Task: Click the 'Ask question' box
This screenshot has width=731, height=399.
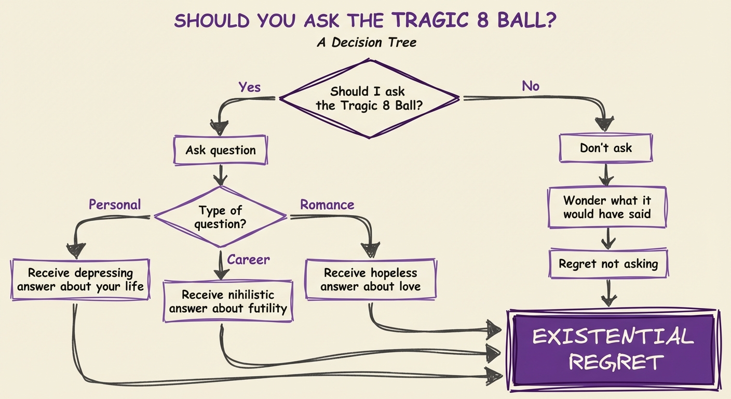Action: coord(221,151)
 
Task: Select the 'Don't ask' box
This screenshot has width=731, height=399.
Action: coord(606,148)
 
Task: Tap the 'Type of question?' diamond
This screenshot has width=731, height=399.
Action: coord(221,217)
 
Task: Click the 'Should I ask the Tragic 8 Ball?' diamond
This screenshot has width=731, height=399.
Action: coord(369,98)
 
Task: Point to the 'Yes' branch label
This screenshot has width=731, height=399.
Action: coord(249,87)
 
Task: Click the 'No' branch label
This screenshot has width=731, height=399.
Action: coord(530,86)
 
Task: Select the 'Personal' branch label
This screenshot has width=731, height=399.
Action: coord(114,205)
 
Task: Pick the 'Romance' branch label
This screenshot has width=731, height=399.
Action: coord(327,205)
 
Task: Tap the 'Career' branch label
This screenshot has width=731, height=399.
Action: coord(249,259)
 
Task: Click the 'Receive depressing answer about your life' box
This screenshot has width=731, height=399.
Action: coord(80,279)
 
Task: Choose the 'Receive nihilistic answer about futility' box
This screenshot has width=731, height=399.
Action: coord(228,301)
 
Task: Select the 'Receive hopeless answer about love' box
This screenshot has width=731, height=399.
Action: coord(371,279)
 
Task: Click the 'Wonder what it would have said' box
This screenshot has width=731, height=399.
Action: coord(607,207)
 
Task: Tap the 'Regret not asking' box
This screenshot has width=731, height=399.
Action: coord(608,264)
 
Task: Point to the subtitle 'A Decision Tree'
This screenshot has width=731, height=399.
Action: coord(367,42)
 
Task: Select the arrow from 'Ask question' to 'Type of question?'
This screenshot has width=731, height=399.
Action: coord(221,176)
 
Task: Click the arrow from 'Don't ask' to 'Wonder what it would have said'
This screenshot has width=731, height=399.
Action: coord(606,175)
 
